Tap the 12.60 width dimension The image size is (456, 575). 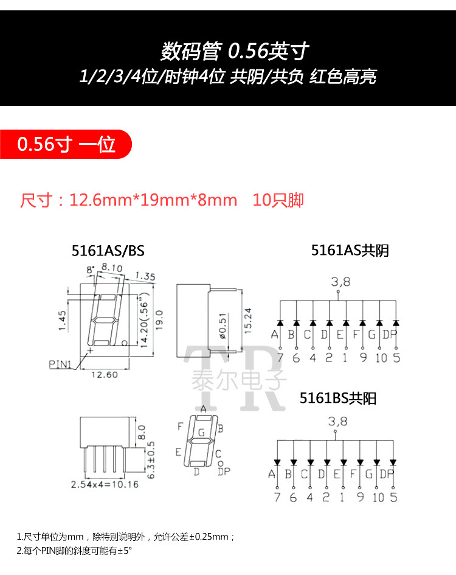(104, 375)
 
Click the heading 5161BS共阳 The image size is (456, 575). (338, 399)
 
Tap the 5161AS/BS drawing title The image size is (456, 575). (108, 251)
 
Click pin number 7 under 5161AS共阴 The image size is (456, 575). (280, 358)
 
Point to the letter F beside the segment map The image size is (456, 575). (180, 427)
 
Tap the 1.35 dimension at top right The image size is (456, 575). (145, 276)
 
